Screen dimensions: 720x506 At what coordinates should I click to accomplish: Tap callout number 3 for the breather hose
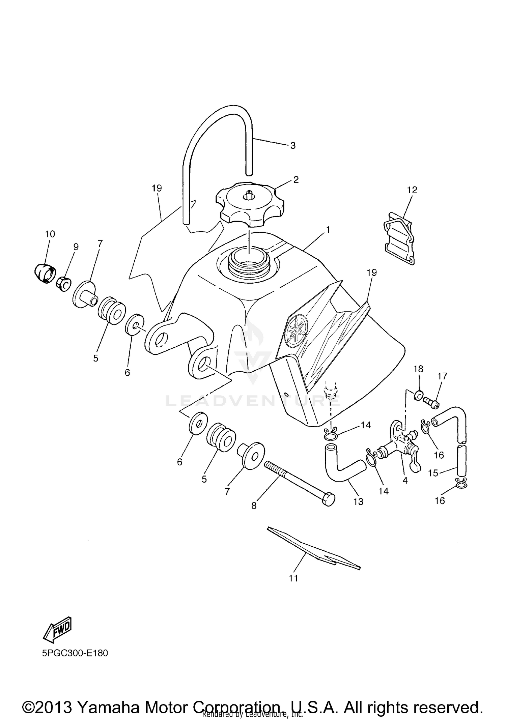pyautogui.click(x=292, y=146)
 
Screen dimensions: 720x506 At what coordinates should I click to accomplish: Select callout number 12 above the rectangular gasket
pyautogui.click(x=412, y=190)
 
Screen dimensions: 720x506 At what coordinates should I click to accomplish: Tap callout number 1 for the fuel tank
pyautogui.click(x=328, y=230)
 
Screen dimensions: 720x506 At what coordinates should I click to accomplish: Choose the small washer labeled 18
pyautogui.click(x=418, y=396)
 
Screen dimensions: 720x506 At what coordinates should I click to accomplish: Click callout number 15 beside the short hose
pyautogui.click(x=433, y=473)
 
